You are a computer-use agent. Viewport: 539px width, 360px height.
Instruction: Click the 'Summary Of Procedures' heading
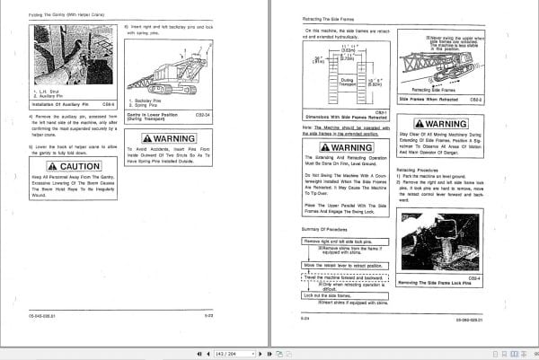tap(321, 233)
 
